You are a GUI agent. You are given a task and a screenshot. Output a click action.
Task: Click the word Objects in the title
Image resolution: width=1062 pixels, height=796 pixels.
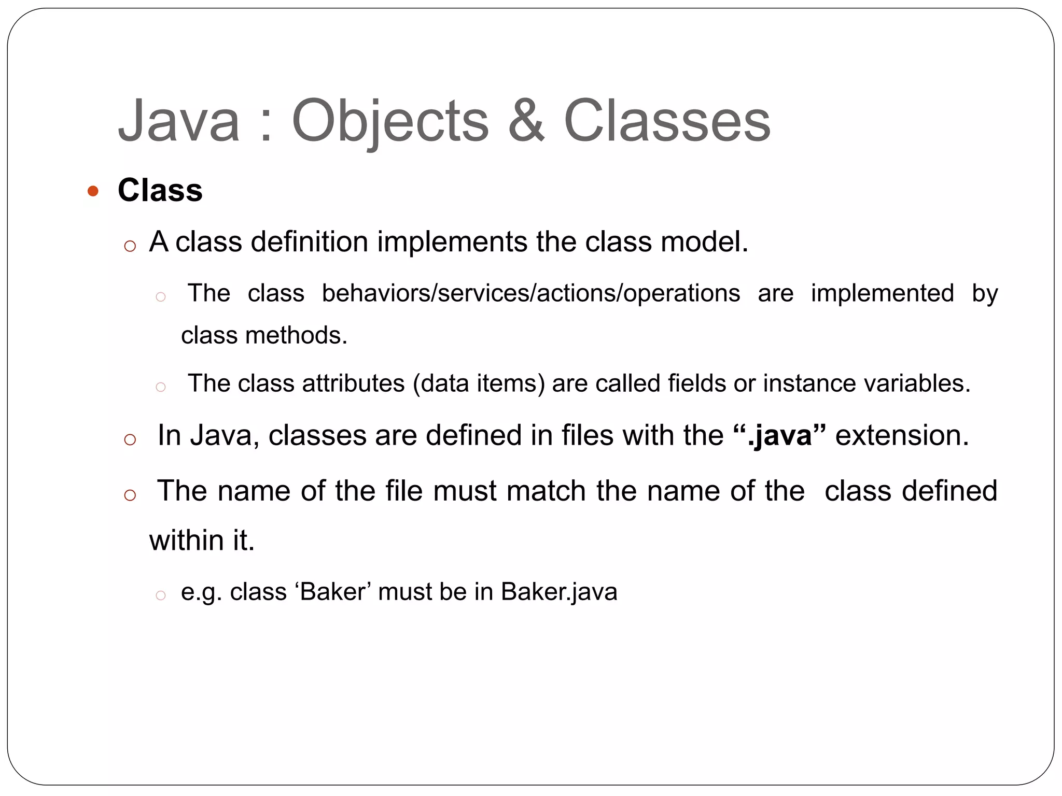[390, 122]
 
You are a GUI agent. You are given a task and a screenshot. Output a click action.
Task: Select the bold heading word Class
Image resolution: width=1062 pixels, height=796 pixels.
[160, 190]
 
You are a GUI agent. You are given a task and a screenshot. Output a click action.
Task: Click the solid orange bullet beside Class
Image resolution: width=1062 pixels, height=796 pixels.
[93, 191]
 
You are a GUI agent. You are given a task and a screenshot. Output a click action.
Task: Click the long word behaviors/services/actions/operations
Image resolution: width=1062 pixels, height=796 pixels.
[530, 294]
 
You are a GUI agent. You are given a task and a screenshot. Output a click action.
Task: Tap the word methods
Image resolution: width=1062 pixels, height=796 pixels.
[296, 336]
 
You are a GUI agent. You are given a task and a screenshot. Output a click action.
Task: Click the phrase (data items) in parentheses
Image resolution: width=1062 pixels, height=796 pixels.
[479, 384]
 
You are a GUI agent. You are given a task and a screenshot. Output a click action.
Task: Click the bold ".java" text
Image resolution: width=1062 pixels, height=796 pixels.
[780, 435]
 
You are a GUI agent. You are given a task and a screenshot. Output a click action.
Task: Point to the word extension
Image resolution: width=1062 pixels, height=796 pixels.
[902, 435]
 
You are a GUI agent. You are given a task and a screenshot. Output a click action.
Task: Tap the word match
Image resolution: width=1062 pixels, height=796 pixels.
[546, 491]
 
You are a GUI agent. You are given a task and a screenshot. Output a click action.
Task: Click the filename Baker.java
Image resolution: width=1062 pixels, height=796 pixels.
[559, 592]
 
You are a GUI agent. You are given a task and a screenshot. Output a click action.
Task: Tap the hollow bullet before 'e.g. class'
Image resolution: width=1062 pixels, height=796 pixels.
[161, 595]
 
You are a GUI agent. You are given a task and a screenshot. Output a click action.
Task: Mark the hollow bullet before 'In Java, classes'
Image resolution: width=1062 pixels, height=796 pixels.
[130, 440]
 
